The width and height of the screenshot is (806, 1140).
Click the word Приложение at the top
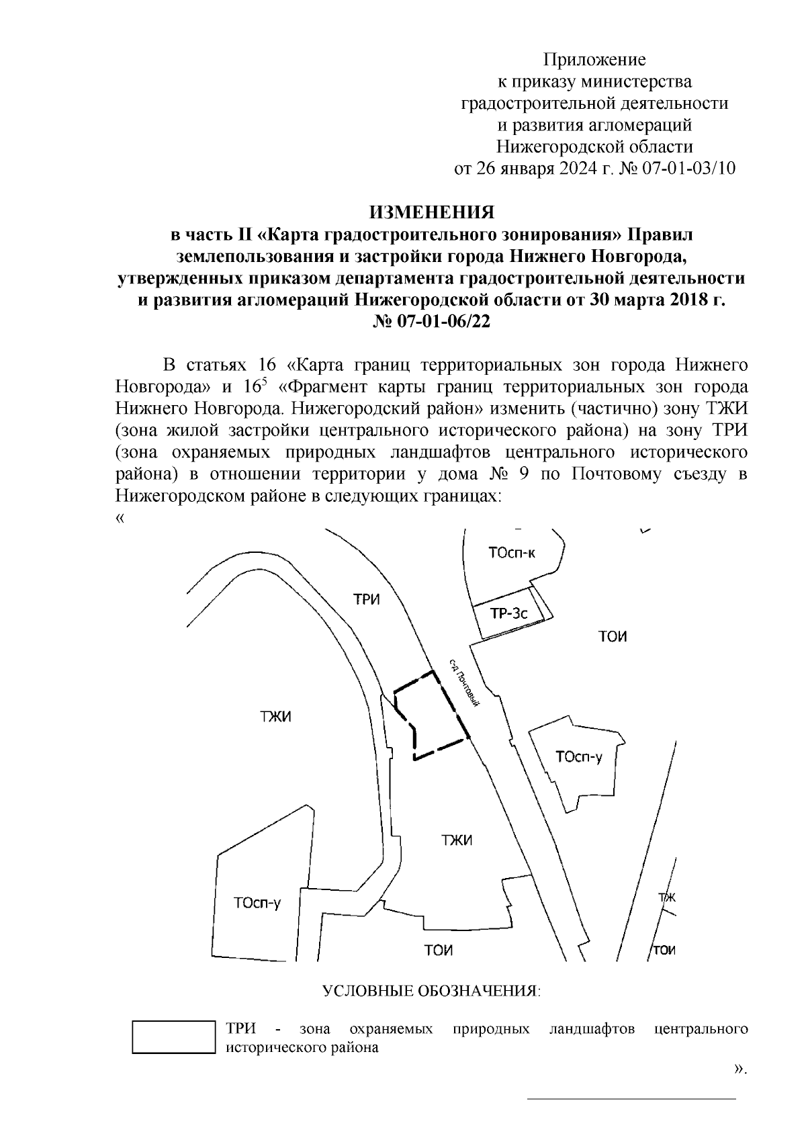(594, 60)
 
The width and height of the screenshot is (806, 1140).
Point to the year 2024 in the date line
(576, 168)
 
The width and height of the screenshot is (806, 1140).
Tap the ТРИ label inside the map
(367, 599)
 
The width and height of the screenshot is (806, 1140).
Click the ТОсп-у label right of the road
(579, 757)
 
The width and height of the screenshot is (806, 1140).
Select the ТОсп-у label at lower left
(257, 903)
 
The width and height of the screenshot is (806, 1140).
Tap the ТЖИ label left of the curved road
(275, 717)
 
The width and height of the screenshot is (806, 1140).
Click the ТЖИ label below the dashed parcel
(456, 840)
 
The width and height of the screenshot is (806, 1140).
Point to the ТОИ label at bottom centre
(439, 950)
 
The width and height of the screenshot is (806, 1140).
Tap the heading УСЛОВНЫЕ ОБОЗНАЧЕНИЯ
(431, 992)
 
